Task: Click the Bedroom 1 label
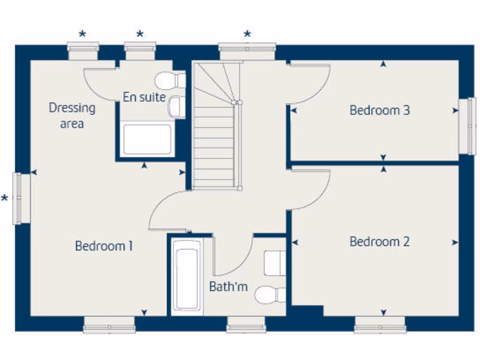tap(104, 246)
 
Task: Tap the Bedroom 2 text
tap(379, 242)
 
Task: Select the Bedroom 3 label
tap(379, 111)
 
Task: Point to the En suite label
tap(144, 97)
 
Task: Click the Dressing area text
tap(72, 115)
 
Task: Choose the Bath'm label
tap(228, 287)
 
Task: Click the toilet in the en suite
tap(169, 80)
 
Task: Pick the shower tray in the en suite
tap(147, 139)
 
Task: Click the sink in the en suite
tap(176, 107)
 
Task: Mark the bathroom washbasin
tap(274, 263)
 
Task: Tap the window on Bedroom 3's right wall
tap(467, 126)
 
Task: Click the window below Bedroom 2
tap(380, 324)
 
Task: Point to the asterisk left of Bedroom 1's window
tap(5, 199)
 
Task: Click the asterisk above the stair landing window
tap(247, 34)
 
